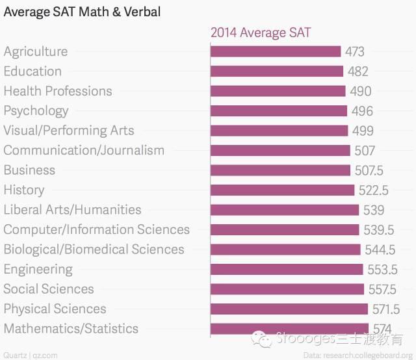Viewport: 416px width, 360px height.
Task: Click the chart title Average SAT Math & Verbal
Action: pos(83,12)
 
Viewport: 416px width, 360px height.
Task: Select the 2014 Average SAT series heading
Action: pos(261,32)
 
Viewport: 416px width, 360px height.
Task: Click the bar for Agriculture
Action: pos(276,51)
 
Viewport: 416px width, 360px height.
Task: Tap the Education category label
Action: pos(32,71)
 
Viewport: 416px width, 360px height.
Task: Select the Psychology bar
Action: pos(278,111)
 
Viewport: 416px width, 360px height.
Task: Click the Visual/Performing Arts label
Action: pos(69,131)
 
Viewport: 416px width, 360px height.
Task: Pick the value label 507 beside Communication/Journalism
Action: pos(365,151)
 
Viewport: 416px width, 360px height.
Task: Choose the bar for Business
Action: pos(280,170)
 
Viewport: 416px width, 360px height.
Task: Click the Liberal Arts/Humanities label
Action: pos(72,210)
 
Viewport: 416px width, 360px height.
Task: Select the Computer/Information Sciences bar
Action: pos(284,229)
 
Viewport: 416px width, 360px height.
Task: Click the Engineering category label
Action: pos(38,269)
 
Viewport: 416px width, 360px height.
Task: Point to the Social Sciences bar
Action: pos(287,289)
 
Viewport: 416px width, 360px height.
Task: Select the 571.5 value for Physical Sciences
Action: pos(385,309)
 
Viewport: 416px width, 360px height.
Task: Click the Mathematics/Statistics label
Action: pos(71,329)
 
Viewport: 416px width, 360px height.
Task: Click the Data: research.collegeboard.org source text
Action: pos(357,355)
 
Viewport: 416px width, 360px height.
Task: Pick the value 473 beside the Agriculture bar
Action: pos(355,52)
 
